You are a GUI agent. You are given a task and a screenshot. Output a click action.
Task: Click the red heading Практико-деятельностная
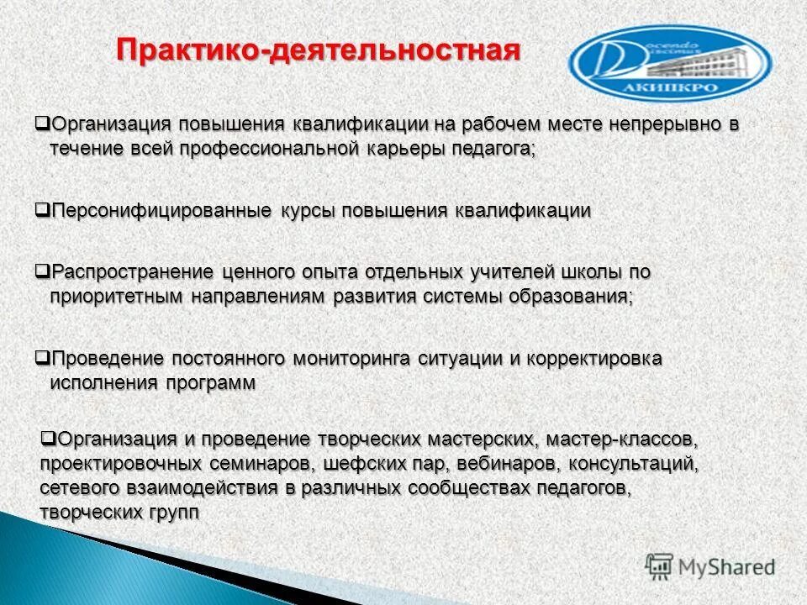[319, 50]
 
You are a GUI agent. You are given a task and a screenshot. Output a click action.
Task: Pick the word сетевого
[79, 488]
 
